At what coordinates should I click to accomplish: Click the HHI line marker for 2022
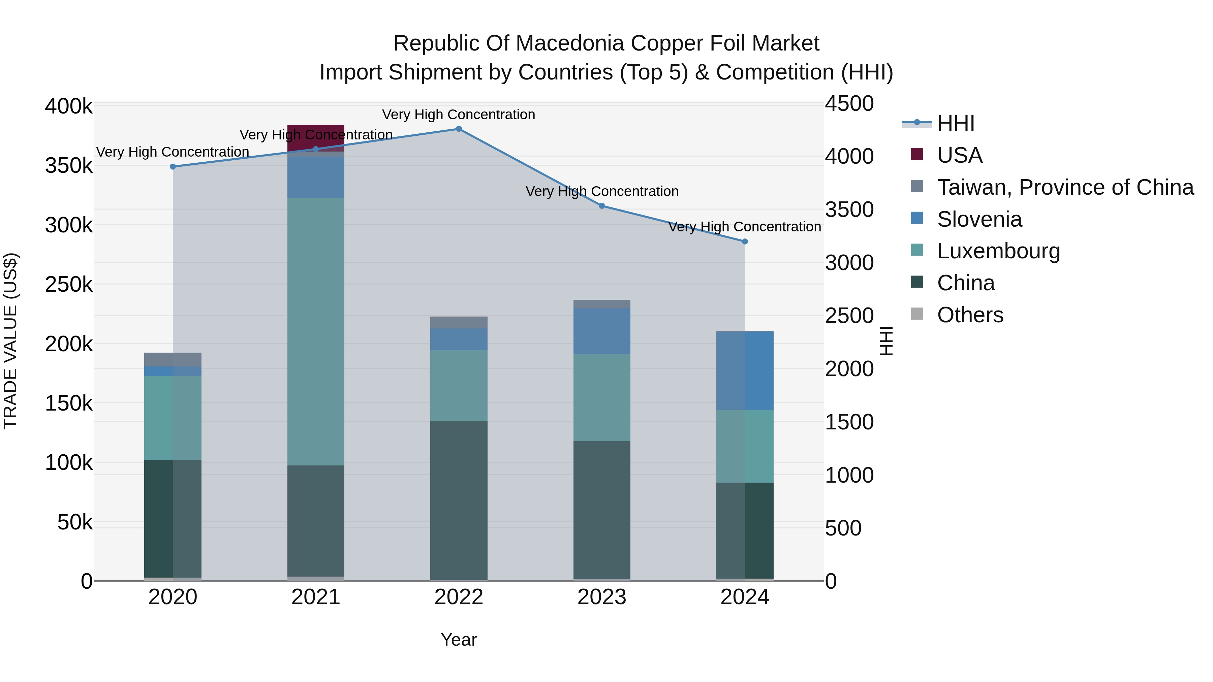[459, 129]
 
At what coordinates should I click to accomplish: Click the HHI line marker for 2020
[173, 167]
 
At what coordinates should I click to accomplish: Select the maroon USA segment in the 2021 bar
[315, 136]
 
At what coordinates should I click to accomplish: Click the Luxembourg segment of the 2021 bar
[315, 329]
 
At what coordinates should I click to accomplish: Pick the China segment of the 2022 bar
[459, 499]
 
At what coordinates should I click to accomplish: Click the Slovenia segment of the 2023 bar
[602, 331]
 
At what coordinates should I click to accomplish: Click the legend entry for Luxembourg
[998, 251]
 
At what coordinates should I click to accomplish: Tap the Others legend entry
[970, 315]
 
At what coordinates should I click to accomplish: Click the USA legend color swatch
[917, 154]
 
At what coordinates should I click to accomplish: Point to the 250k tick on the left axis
[69, 285]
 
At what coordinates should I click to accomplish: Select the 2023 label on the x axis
[602, 597]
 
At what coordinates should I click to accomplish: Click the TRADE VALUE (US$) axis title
[10, 341]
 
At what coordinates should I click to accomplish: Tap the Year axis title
[459, 640]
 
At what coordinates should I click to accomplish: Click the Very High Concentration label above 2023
[602, 192]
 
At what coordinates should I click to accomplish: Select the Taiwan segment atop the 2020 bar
[173, 360]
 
